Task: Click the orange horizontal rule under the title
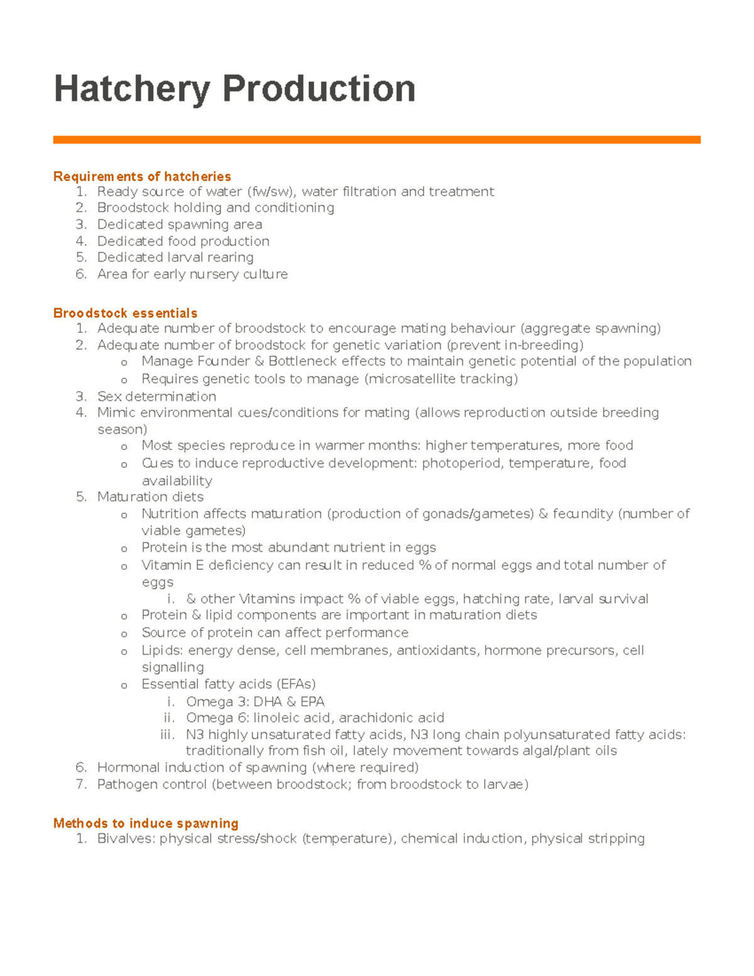tap(376, 140)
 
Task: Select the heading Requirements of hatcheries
tap(142, 177)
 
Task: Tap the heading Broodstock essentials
tap(125, 313)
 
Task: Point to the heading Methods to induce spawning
tap(146, 823)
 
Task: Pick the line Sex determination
tap(156, 397)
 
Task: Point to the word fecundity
tap(582, 513)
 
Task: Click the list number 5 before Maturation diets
tap(80, 497)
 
